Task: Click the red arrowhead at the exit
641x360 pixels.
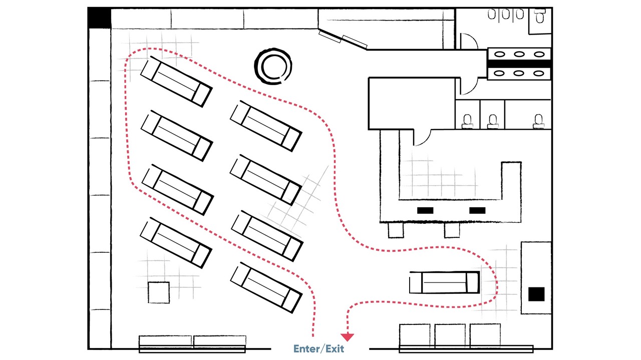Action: (347, 337)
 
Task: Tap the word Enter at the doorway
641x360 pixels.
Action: (306, 348)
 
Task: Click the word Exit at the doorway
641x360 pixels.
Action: (335, 348)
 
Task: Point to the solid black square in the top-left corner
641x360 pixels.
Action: (99, 18)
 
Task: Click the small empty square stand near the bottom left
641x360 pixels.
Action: (159, 292)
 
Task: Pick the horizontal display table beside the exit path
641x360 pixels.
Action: (444, 282)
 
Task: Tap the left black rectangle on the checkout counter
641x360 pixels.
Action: (426, 210)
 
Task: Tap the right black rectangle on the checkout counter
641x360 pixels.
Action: (477, 210)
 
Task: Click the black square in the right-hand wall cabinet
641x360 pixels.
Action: (536, 294)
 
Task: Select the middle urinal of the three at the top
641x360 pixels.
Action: (506, 15)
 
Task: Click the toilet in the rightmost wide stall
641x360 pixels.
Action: (538, 120)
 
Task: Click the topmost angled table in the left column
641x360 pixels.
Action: (176, 81)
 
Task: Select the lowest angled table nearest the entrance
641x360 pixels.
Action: (266, 287)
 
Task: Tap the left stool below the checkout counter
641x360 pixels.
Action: (396, 230)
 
